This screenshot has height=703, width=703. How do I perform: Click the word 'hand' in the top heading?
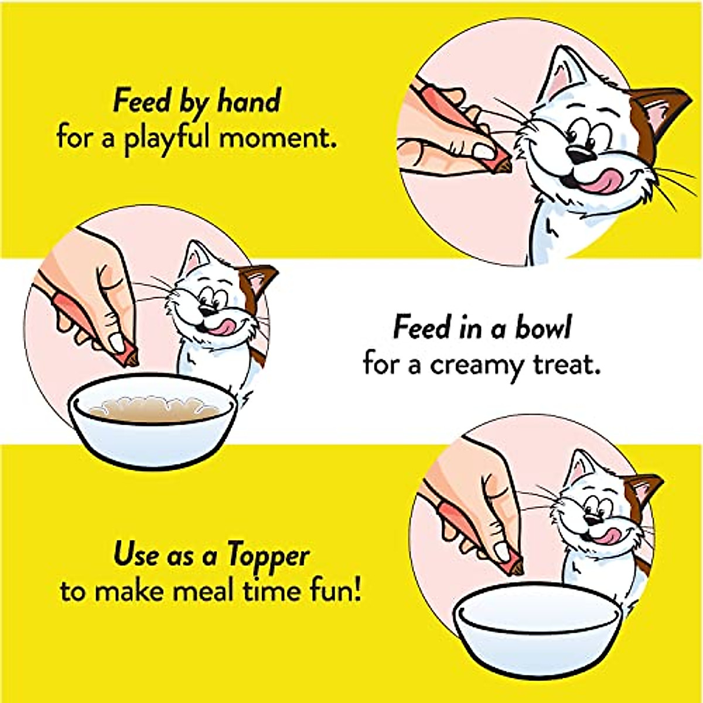coord(249,102)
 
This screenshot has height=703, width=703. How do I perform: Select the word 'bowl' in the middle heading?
coord(542,328)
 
